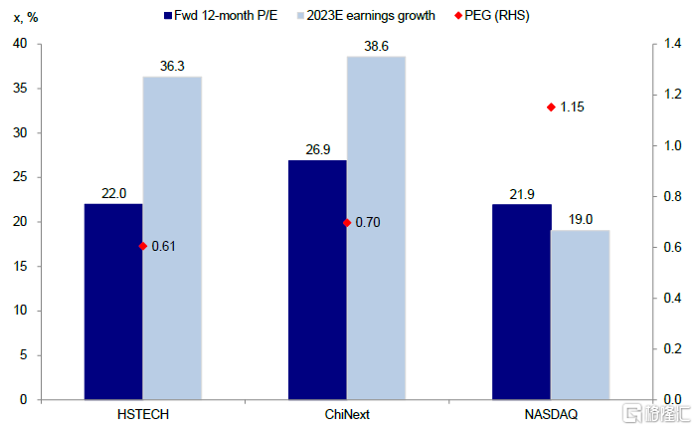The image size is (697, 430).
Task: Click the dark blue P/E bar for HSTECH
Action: coord(113,301)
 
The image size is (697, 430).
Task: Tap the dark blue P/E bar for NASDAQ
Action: coord(521,301)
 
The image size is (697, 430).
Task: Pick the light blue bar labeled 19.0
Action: coord(580,314)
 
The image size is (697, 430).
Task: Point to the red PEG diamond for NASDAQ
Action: coord(550,107)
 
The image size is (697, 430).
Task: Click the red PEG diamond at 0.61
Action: coord(143,246)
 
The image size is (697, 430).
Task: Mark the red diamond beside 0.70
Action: coord(347,223)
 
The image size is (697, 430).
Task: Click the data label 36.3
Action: coord(172,66)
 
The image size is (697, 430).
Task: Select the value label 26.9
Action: coord(317,149)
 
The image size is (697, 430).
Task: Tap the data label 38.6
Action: coord(376,46)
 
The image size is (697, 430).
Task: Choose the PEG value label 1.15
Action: coord(573,107)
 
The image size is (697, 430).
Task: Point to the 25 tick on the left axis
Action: coord(21,177)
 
